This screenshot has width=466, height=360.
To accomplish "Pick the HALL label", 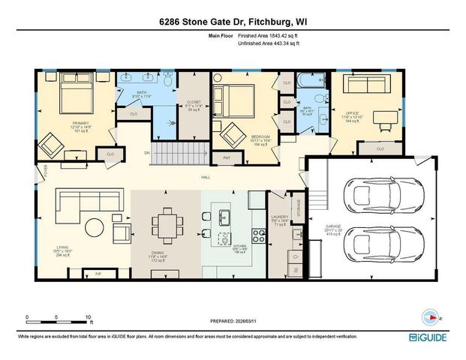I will [204, 178].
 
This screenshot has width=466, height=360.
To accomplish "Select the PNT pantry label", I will [227, 158].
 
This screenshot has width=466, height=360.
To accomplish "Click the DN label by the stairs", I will [147, 151].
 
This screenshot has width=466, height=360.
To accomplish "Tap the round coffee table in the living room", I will [95, 226].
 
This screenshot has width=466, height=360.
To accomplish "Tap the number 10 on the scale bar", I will [89, 316].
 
